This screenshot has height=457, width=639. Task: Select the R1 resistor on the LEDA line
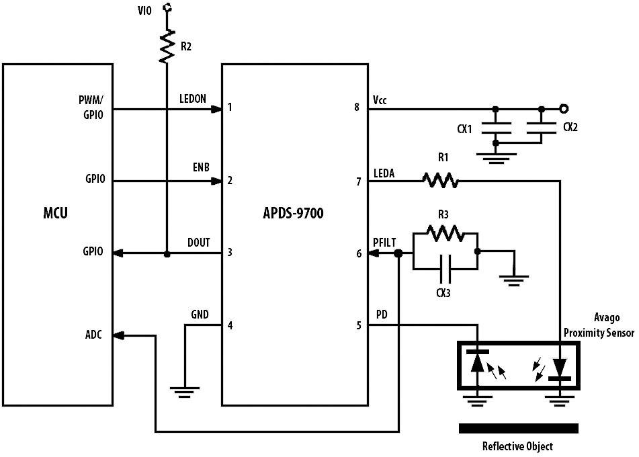[x=441, y=180]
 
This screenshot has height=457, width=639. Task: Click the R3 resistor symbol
[x=444, y=233]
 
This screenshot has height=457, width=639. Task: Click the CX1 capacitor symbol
[x=496, y=126]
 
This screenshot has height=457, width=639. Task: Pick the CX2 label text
[x=570, y=126]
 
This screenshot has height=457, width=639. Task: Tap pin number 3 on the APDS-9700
[x=230, y=253]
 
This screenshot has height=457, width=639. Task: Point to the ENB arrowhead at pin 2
[x=216, y=181]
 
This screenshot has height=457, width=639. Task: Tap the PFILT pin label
[x=386, y=242]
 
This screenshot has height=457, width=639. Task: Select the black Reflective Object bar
[x=518, y=428]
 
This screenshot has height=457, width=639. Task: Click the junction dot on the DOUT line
[x=167, y=254]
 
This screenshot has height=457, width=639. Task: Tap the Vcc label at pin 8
[x=379, y=99]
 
